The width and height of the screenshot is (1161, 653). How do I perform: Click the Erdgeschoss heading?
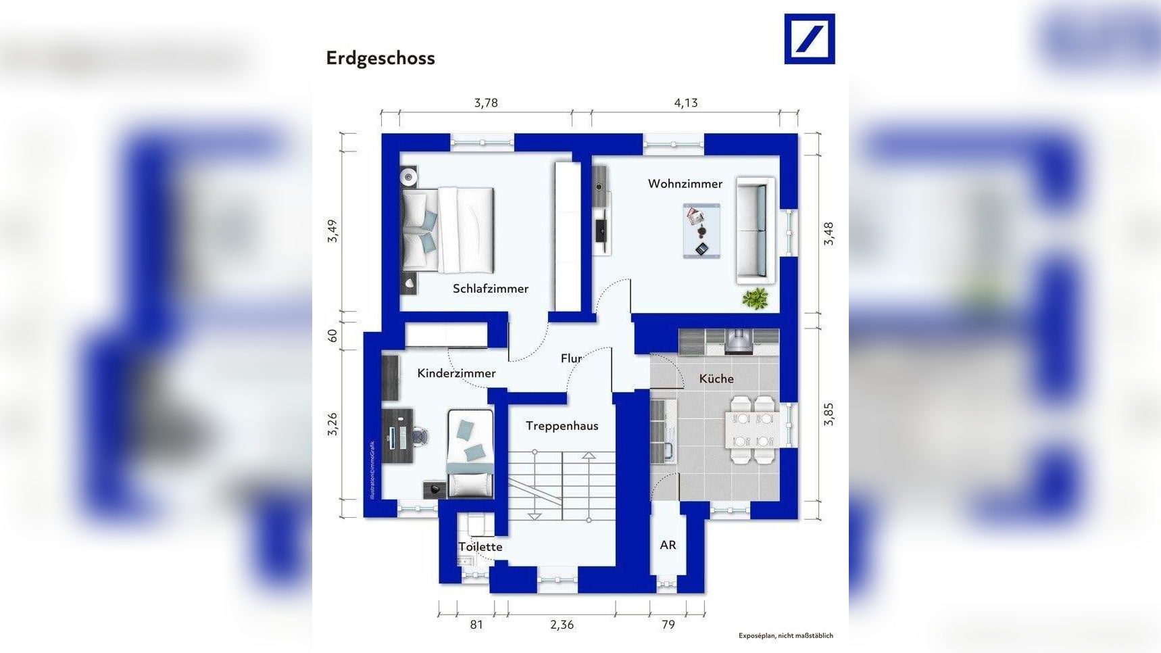380,58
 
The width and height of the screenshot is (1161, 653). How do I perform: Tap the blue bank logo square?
809,39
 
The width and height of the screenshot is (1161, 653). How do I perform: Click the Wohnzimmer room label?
685,184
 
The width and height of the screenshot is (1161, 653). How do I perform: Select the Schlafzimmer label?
490,289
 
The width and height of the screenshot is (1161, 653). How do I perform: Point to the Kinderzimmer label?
456,373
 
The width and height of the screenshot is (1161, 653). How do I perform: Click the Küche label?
716,379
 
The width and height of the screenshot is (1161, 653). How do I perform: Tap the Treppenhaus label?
562,426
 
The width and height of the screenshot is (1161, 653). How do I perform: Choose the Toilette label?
480,547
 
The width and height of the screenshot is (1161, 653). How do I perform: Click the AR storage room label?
668,545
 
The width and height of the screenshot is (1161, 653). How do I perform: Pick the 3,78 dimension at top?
485,103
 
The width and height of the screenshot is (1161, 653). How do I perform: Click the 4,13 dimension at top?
685,103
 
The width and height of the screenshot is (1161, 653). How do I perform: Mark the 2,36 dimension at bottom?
562,625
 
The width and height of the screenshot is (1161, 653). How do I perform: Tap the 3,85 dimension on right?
829,414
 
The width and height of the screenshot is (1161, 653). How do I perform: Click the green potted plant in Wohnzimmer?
755,298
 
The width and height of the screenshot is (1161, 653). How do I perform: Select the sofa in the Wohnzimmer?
755,231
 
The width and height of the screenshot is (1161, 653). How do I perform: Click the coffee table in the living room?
701,231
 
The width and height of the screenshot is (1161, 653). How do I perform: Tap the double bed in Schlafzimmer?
448,230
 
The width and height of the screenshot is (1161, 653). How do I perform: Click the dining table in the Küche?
752,430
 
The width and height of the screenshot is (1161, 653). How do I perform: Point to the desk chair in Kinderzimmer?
421,435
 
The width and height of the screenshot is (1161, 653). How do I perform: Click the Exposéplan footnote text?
785,635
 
